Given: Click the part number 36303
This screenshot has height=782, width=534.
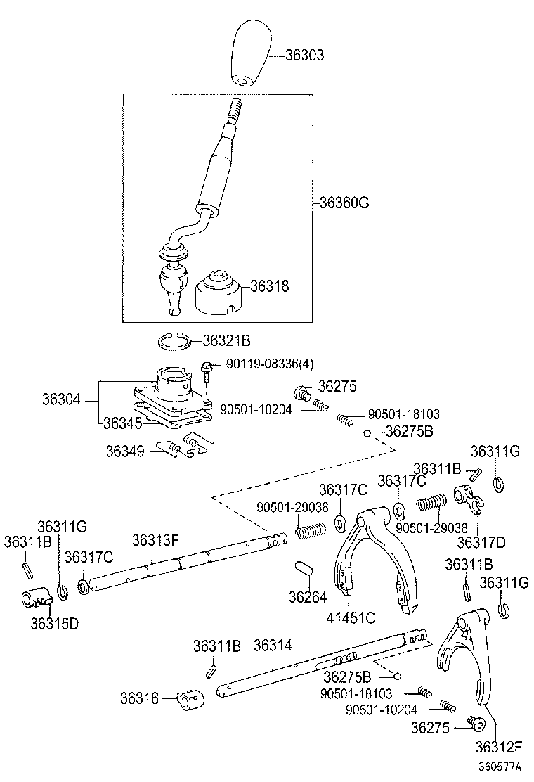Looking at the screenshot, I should point(304,54).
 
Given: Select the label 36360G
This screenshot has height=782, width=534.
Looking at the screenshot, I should point(344,203).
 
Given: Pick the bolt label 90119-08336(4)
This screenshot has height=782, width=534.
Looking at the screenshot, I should point(270,364).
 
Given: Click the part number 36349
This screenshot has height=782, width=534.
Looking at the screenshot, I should point(125,450).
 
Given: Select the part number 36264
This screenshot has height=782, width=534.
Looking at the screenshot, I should point(307,597).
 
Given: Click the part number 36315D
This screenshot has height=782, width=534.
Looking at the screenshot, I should point(53,622).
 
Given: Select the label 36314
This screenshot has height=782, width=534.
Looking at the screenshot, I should point(273,646).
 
